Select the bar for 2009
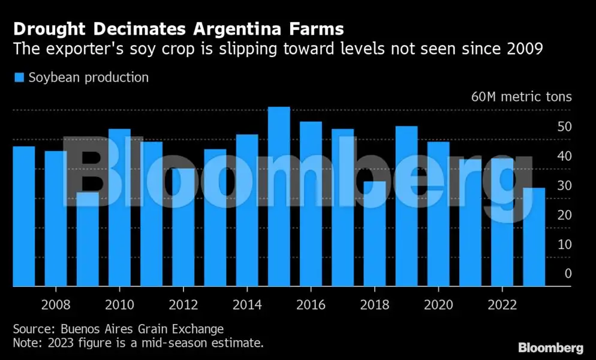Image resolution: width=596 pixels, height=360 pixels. tap(88, 239)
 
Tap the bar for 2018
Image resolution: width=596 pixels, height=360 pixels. tap(375, 234)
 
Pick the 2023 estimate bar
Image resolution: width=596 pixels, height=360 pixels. tap(534, 237)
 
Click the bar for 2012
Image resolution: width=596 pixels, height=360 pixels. tap(183, 227)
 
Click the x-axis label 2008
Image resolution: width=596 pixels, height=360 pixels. tap(56, 305)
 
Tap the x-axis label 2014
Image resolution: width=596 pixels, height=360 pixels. tap(247, 305)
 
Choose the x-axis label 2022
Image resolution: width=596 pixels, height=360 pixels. tap(502, 305)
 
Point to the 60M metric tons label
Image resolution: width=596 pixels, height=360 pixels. tap(521, 97)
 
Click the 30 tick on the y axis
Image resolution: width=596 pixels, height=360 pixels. tap(564, 185)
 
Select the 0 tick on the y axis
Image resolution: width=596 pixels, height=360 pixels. tap(568, 274)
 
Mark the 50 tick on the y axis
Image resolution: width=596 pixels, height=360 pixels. tap(564, 127)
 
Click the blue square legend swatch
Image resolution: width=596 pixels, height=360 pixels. tap(19, 77)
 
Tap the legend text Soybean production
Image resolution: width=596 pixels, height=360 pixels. tap(89, 77)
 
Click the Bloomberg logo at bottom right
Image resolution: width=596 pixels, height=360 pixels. tap(550, 347)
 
